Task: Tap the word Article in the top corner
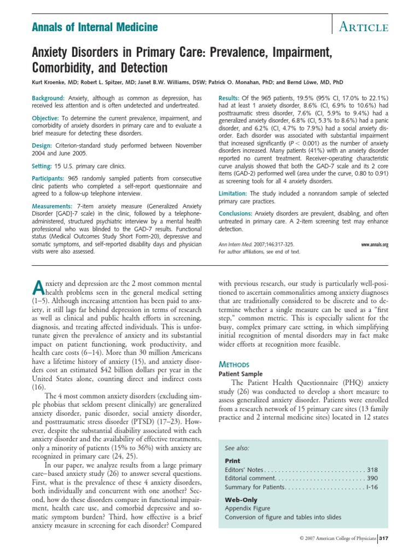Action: click(x=364, y=27)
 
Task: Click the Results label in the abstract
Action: click(x=230, y=97)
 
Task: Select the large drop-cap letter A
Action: click(x=38, y=287)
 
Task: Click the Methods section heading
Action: click(x=234, y=364)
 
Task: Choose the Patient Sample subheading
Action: click(x=240, y=374)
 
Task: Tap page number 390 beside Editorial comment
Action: click(x=371, y=479)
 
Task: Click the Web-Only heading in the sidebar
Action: click(x=241, y=500)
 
